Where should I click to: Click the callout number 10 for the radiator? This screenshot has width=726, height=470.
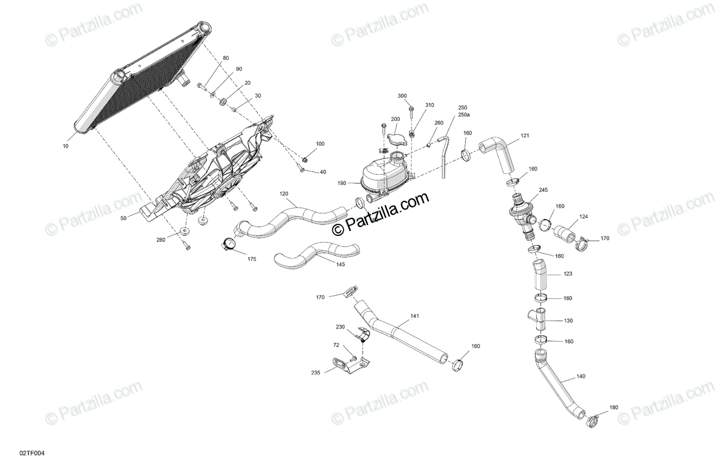(x=65, y=146)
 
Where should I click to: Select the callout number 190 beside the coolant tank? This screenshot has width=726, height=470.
(x=342, y=183)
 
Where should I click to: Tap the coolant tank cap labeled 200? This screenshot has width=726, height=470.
(x=397, y=140)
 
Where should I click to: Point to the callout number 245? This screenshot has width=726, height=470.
(x=543, y=190)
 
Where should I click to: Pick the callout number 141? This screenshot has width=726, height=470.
(x=414, y=316)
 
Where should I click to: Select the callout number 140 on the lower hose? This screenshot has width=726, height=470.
(x=580, y=376)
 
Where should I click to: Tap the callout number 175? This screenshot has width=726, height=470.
(x=252, y=259)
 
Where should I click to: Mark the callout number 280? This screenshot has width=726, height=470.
(x=160, y=240)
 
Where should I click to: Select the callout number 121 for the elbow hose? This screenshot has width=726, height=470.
(x=525, y=135)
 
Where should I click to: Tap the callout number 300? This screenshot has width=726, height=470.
(x=402, y=96)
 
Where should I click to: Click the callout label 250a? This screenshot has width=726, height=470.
(x=463, y=114)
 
